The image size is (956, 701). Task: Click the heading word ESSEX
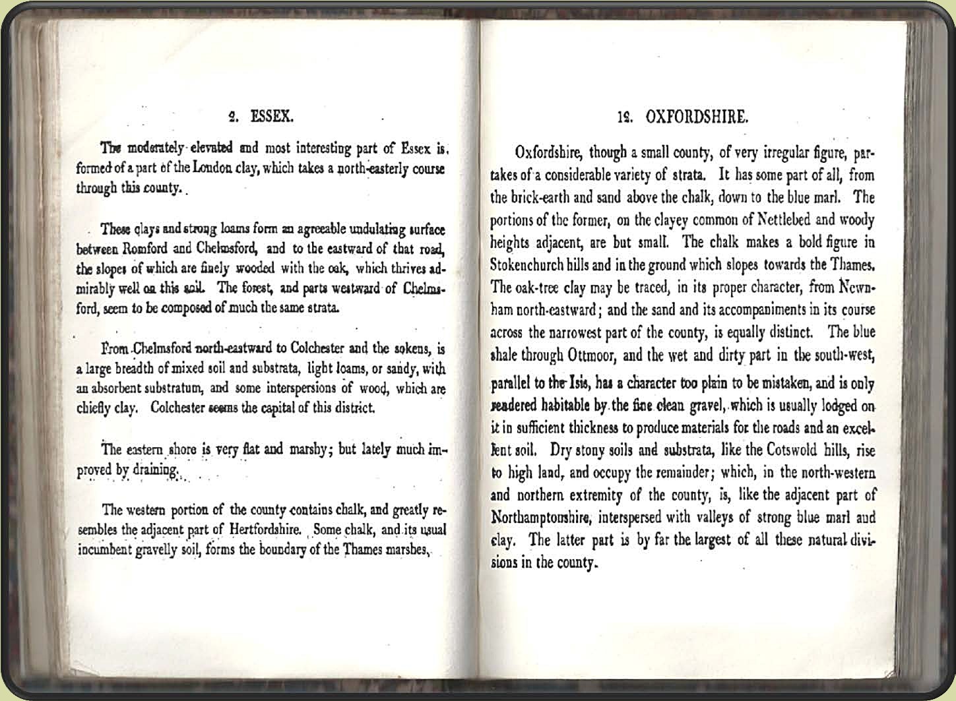(272, 117)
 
